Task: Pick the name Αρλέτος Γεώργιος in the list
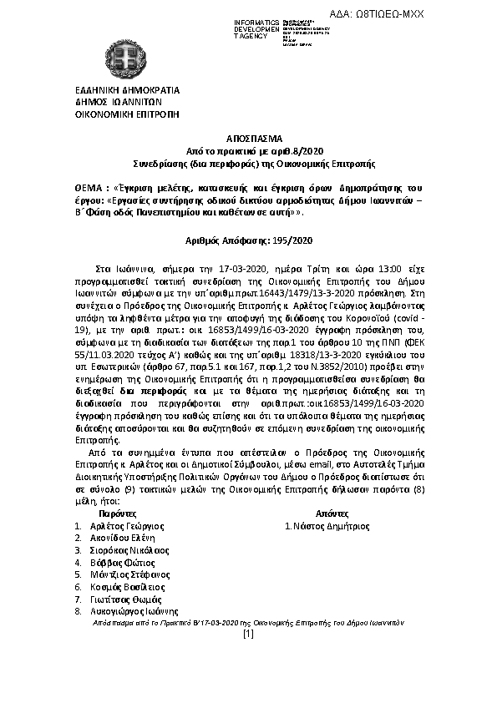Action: tap(130, 527)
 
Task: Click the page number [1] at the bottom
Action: tap(248, 634)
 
